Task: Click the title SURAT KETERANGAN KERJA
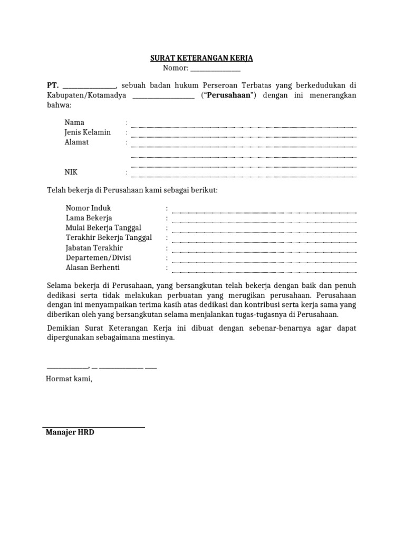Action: pos(202,58)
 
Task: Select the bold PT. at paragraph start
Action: pos(52,85)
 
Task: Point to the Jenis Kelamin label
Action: pos(88,132)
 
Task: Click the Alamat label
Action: pos(76,142)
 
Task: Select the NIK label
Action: pos(71,172)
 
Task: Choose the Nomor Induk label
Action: pos(89,208)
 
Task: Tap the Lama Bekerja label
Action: pos(89,218)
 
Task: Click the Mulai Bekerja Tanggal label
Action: pos(103,228)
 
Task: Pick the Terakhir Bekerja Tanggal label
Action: pos(109,238)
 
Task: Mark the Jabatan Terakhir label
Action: pos(94,248)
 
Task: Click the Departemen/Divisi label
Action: pos(99,258)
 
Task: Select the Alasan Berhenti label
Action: pos(93,268)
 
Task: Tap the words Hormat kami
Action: pos(69,379)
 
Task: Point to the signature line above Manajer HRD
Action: pos(93,427)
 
